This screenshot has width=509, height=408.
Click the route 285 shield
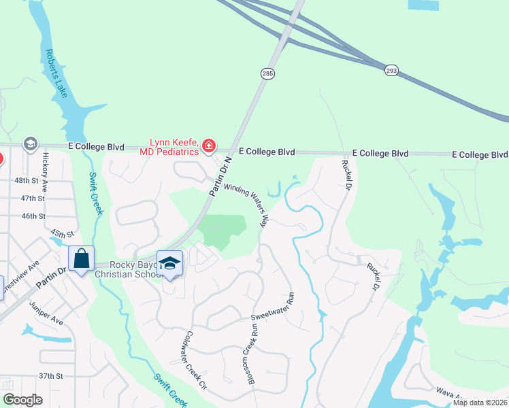(267, 73)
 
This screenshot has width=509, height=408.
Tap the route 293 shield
(392, 70)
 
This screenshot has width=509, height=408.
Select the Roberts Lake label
(56, 73)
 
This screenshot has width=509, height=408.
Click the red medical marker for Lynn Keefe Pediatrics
(208, 146)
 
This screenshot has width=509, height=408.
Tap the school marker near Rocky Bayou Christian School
(169, 263)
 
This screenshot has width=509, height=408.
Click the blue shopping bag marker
(82, 258)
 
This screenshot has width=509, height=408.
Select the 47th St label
(32, 198)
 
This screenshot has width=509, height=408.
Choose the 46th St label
(32, 216)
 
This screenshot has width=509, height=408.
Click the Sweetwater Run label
(272, 307)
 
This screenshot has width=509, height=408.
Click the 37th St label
(50, 375)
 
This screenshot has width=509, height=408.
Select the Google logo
(22, 400)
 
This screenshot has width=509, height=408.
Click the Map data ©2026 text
(480, 403)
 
